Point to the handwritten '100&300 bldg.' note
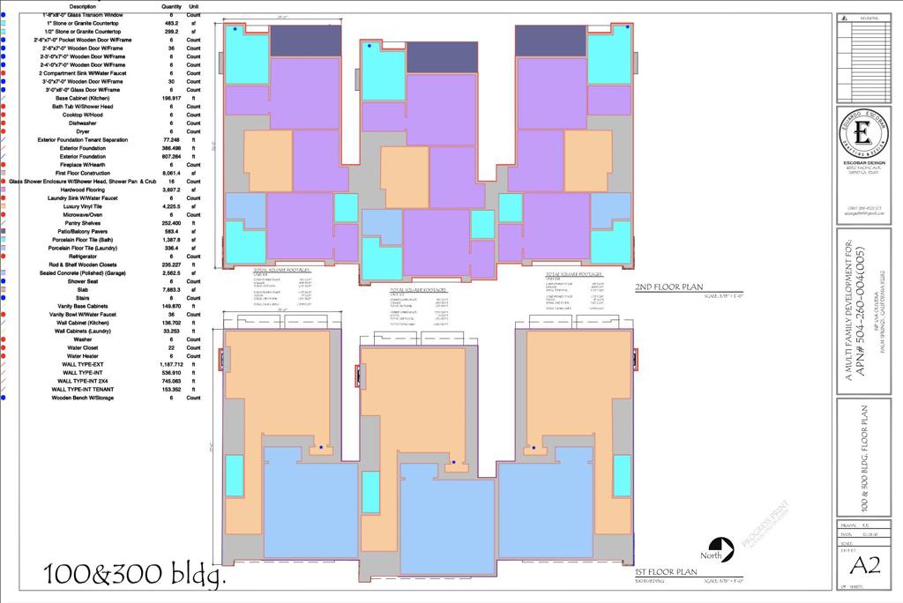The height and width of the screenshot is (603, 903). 135,574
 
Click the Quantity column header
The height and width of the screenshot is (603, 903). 172,6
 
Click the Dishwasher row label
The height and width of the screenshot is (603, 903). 83,123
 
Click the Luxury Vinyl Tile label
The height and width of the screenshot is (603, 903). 83,206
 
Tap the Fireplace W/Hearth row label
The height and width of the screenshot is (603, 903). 83,165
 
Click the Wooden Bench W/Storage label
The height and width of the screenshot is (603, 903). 83,398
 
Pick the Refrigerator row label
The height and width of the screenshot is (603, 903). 83,257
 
